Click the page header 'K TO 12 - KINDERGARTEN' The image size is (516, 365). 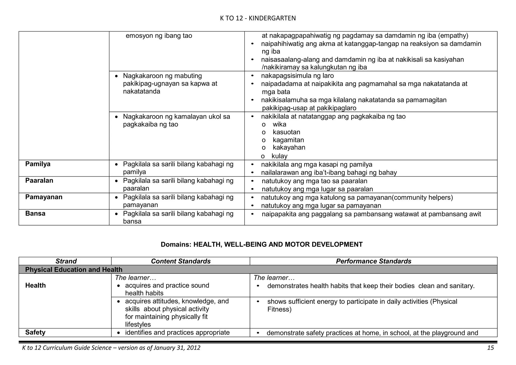[x=258, y=18]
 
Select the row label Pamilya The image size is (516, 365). [x=38, y=164]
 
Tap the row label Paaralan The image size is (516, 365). [x=39, y=181]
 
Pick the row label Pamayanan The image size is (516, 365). [x=44, y=197]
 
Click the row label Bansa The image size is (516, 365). [x=35, y=214]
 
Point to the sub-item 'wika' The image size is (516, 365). [x=279, y=124]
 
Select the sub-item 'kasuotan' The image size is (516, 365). [x=286, y=132]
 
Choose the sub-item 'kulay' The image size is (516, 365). [x=279, y=156]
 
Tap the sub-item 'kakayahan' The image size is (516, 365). [x=289, y=148]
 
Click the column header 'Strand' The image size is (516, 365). [x=66, y=261]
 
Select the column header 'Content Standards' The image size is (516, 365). [x=181, y=261]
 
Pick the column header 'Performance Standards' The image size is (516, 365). [x=373, y=261]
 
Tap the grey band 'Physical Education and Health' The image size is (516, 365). [x=74, y=270]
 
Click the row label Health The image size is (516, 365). [x=36, y=285]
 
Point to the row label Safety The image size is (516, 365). [x=35, y=333]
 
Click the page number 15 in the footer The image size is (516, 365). [x=490, y=348]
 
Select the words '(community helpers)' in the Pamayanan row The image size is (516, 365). [x=422, y=197]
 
